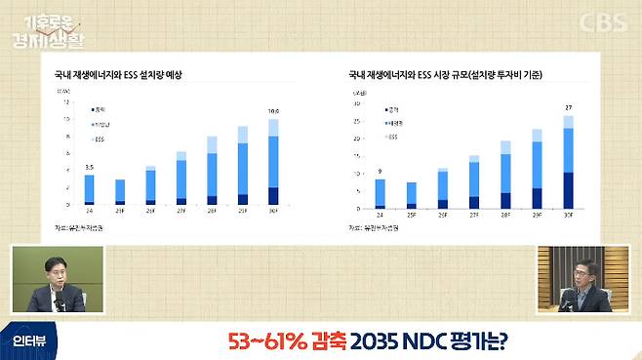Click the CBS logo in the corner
602,21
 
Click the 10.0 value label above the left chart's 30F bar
274,111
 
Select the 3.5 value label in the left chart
89,168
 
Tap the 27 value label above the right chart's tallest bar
568,107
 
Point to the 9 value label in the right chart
380,172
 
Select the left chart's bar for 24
89,189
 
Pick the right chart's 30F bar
568,162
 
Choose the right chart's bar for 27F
474,182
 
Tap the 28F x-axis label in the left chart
212,213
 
